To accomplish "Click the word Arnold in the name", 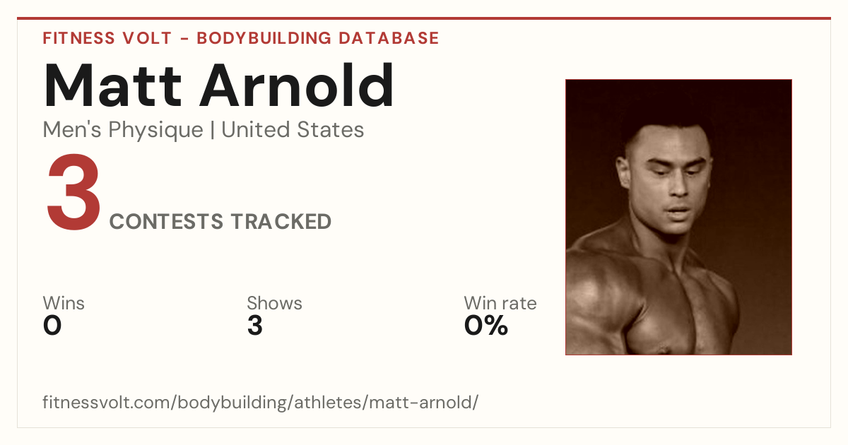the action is tap(297, 85).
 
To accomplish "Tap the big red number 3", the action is tap(73, 192).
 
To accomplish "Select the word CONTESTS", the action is tap(166, 221).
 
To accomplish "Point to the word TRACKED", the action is tap(281, 221).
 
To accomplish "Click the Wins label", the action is tap(64, 303).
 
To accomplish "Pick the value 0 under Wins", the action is tap(52, 326).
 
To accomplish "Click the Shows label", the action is tap(274, 303).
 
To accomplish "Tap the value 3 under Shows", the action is tap(255, 326).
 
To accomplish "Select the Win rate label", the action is tap(500, 303).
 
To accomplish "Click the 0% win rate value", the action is tap(486, 326).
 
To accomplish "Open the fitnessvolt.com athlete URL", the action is tap(261, 402).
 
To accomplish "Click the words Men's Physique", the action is tap(123, 130).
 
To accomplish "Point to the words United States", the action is tap(293, 130).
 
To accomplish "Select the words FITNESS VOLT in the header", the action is tap(107, 38).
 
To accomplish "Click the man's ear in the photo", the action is tap(623, 172).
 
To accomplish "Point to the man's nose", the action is tap(679, 184).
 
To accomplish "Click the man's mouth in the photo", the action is tap(678, 210).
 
